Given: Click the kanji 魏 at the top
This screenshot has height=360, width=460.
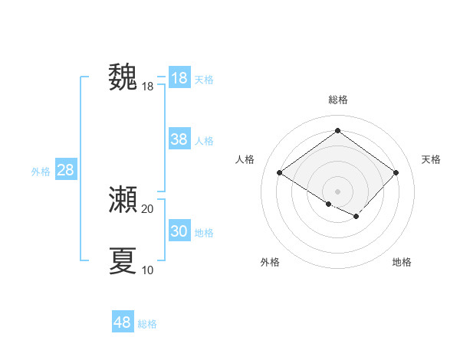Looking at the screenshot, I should point(123,77).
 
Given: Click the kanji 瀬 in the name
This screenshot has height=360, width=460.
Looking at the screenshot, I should point(123,200).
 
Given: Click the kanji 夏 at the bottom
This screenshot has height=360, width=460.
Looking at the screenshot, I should point(123,260).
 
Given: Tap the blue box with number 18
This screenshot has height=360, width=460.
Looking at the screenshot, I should point(179,78).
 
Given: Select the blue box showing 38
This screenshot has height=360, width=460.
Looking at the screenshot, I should point(179,139).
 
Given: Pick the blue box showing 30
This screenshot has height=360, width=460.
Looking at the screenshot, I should point(179,231).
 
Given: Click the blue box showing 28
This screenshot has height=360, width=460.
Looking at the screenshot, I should point(65,170).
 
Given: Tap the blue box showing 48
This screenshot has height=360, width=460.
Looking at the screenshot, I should point(123,322).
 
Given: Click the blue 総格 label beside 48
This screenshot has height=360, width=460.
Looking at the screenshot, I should point(147,324).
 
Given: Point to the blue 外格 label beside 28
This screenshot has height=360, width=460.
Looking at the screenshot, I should point(41,172).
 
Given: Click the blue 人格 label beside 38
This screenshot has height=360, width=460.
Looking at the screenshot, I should point(204,141).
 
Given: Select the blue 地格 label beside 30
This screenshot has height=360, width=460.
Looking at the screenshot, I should point(204,233).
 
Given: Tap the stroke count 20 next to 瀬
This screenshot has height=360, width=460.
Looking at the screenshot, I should point(148,208).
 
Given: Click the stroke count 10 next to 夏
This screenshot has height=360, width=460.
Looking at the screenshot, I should point(148,270).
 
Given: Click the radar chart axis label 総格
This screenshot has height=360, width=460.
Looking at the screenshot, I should point(337,100).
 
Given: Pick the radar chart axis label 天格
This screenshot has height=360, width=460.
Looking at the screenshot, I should point(431,159).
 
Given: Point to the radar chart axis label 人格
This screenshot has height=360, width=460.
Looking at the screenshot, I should point(245,159).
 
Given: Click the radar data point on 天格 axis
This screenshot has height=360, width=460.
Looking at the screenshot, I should point(396,172).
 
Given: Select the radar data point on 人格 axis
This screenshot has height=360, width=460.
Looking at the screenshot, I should point(279,172).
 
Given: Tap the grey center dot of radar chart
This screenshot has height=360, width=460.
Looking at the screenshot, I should point(337,191).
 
